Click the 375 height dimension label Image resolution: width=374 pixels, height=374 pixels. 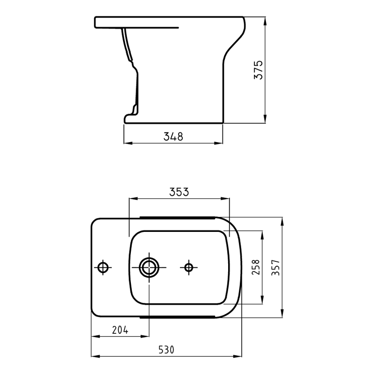(x=259, y=70)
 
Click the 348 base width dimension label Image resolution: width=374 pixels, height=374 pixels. (x=173, y=137)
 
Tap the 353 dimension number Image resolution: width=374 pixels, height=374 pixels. (x=179, y=192)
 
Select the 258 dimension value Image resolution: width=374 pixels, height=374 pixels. (x=255, y=267)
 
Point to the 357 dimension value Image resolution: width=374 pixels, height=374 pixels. (x=275, y=267)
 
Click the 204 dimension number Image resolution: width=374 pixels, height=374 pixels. (x=120, y=330)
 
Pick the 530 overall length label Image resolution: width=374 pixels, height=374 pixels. (x=166, y=350)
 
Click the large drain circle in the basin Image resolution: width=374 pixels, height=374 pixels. (x=149, y=267)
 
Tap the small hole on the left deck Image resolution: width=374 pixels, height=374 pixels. (x=103, y=267)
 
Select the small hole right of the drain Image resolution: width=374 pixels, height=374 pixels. (x=189, y=267)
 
